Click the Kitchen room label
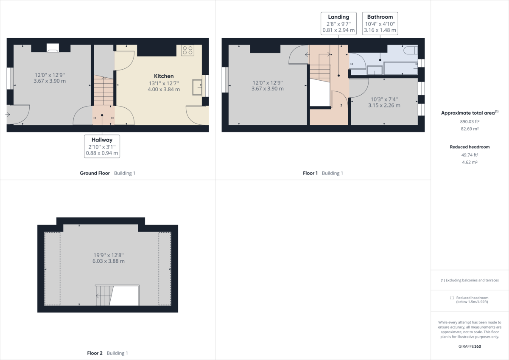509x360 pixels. click(x=164, y=76)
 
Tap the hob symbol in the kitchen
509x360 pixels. click(x=187, y=51)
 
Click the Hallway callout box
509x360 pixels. click(x=102, y=146)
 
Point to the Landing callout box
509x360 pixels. click(x=338, y=23)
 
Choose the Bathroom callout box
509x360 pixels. click(x=380, y=23)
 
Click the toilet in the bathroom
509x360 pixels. click(x=411, y=51)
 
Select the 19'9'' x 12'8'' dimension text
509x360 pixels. click(x=109, y=258)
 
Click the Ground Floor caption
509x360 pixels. click(x=95, y=173)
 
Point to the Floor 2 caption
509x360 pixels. click(x=95, y=353)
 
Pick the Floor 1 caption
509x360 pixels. click(x=310, y=173)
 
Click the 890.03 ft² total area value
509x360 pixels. click(x=470, y=121)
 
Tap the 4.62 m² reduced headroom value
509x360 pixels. click(x=470, y=162)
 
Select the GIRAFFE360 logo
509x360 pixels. click(x=470, y=346)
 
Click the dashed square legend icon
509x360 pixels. click(x=452, y=298)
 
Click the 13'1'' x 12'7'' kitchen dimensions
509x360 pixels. click(x=164, y=86)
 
